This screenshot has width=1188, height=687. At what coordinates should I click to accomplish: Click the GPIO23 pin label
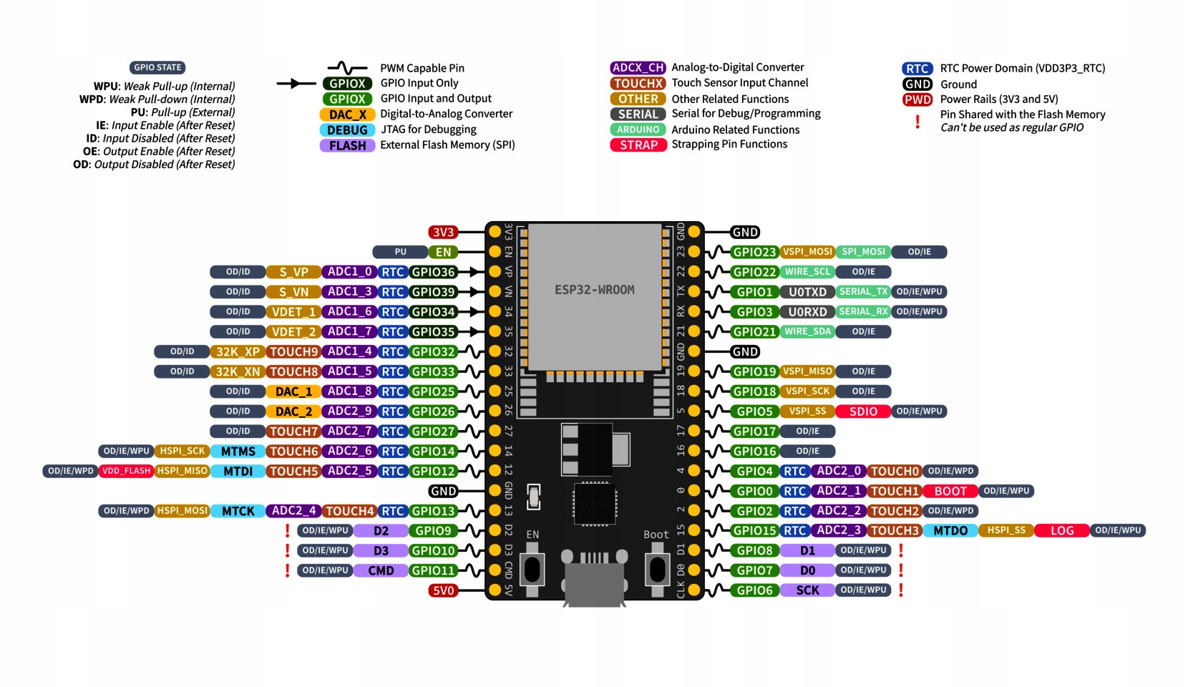click(x=754, y=252)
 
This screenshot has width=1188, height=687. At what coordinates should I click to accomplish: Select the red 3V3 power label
click(x=443, y=232)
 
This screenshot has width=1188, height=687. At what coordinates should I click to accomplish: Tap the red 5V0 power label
click(x=443, y=590)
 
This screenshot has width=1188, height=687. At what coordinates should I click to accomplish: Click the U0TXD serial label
click(x=807, y=292)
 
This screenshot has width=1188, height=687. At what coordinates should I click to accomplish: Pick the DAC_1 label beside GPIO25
click(x=293, y=391)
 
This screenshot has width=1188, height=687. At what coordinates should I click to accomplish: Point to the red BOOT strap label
click(x=950, y=491)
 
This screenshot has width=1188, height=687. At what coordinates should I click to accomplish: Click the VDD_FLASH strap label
click(x=126, y=471)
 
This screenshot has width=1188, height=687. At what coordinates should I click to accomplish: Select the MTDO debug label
click(x=950, y=531)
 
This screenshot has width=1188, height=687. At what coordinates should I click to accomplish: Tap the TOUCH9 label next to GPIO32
click(x=293, y=351)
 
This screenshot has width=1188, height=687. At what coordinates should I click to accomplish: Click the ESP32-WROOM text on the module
click(x=594, y=290)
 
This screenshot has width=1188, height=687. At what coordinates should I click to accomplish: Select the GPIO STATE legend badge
click(x=157, y=67)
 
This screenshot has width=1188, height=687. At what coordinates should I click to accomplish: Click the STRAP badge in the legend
click(x=638, y=145)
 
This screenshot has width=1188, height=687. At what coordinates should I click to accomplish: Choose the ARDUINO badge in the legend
click(x=638, y=130)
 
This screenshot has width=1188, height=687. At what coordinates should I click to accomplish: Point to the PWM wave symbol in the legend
click(x=347, y=68)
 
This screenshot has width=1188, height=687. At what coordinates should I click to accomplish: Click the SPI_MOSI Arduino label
click(x=863, y=252)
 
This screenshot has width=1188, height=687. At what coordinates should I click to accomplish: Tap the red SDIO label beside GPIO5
click(x=863, y=411)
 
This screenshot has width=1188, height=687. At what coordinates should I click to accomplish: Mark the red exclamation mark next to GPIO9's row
click(x=288, y=530)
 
